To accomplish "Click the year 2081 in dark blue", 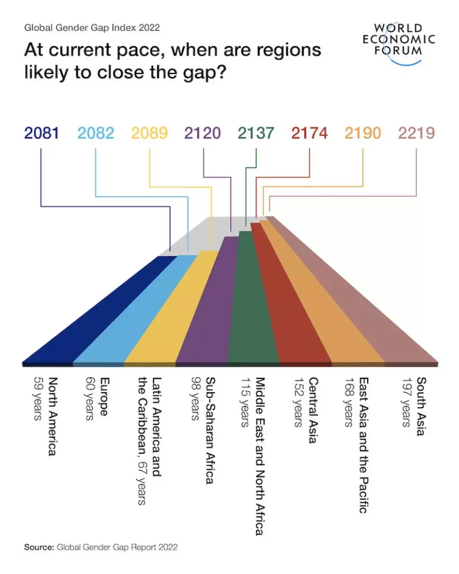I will point(41,133).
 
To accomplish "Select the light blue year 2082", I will point(96,133).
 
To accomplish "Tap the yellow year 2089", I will point(149,133).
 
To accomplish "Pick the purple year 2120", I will point(202,133).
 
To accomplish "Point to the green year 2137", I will point(256,133).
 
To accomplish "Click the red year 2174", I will point(310,133).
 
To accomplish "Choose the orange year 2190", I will point(363,133).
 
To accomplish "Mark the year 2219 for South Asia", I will point(416,133).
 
